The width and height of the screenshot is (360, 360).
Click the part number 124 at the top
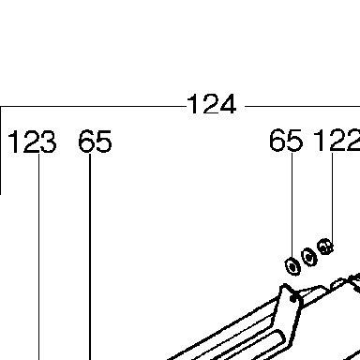[212, 104]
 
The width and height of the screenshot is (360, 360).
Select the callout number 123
[32, 142]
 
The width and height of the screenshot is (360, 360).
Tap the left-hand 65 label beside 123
[95, 142]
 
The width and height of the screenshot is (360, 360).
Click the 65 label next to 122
[286, 141]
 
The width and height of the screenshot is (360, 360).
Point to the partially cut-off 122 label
[337, 141]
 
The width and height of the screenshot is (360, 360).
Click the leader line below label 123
[39, 256]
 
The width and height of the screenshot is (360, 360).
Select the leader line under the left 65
[90, 256]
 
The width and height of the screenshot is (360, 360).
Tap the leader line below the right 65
[292, 206]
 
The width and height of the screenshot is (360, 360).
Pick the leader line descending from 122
[332, 199]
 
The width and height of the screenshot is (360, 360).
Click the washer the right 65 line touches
[292, 267]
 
